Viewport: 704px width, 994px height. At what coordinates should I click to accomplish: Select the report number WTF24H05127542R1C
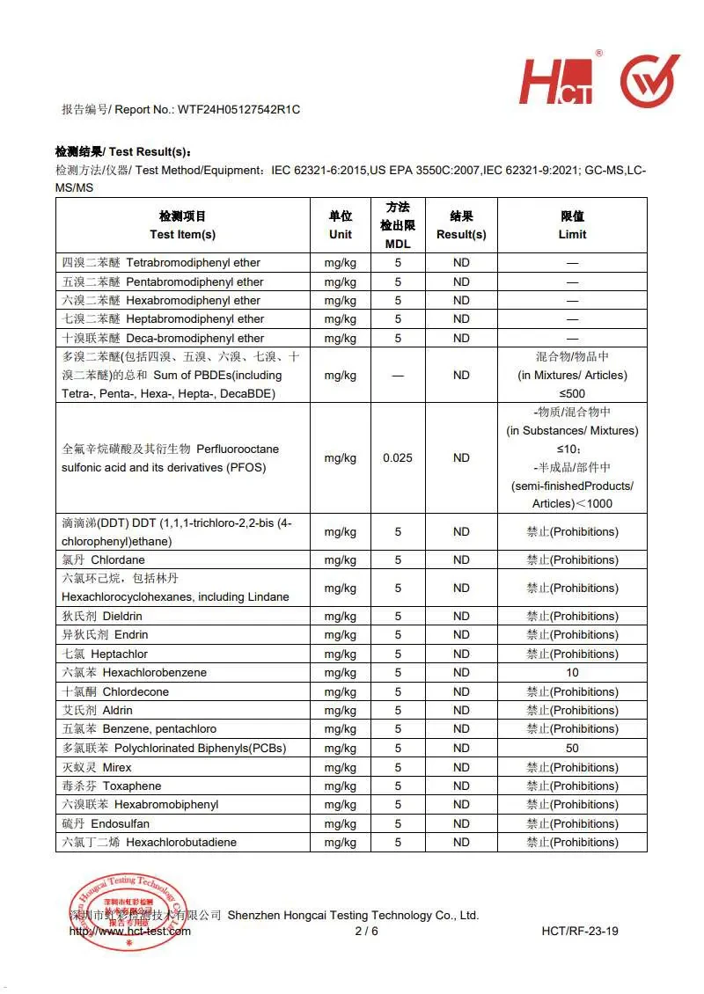(238, 109)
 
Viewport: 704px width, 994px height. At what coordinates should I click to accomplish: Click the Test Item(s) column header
(182, 225)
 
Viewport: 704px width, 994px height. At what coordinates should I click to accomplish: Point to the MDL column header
(398, 225)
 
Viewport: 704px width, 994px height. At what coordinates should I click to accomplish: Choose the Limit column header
(572, 225)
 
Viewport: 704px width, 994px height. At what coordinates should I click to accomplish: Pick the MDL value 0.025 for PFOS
(398, 457)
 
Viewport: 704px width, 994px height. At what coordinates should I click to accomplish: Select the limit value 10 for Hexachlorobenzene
(572, 672)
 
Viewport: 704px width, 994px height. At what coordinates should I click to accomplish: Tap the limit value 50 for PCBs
(572, 748)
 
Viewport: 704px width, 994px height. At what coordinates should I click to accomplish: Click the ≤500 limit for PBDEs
(572, 393)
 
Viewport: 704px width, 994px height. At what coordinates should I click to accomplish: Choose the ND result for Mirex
(461, 767)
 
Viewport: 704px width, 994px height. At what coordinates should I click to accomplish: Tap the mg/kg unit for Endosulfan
(340, 823)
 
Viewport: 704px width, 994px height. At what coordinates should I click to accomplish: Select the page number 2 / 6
(366, 931)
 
